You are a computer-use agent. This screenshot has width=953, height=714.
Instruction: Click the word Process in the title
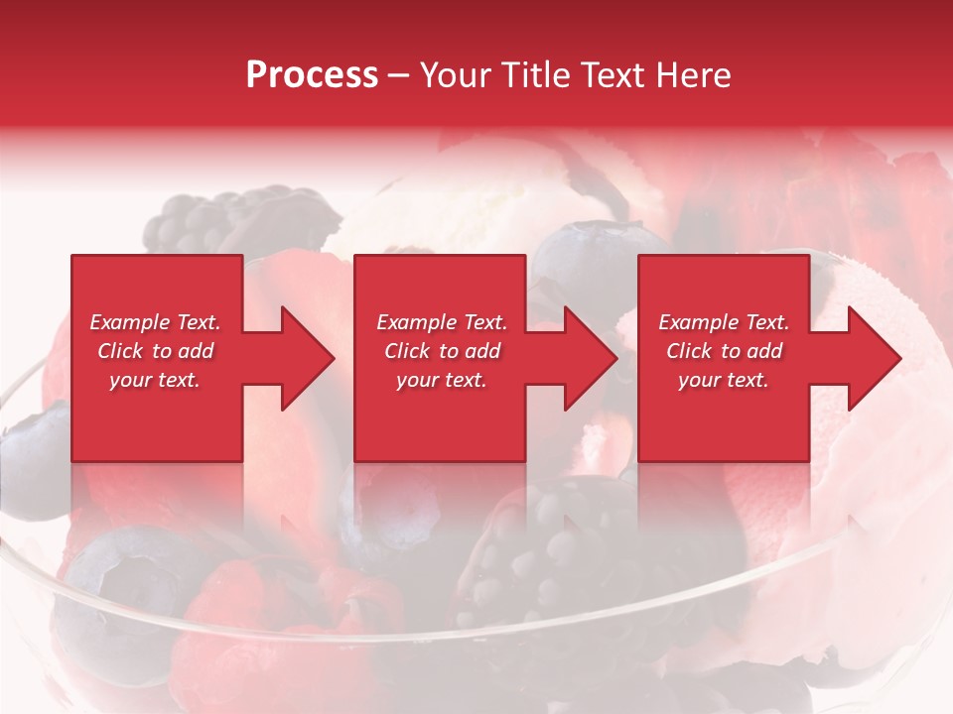[x=312, y=75]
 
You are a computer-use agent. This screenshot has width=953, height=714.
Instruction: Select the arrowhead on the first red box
[x=298, y=358]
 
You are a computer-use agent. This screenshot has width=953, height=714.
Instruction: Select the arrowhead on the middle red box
[x=582, y=358]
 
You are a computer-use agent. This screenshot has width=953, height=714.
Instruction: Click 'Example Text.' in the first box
[x=155, y=322]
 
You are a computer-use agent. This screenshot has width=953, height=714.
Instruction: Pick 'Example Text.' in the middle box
[x=441, y=322]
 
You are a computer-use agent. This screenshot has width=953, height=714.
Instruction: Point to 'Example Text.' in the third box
[x=724, y=322]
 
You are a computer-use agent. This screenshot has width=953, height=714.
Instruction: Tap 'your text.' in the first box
[x=155, y=380]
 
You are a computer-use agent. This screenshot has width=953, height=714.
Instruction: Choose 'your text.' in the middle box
[x=441, y=380]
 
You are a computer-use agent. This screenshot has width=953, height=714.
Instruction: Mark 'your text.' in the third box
[x=724, y=380]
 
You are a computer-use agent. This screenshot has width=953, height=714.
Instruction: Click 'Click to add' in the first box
[x=155, y=351]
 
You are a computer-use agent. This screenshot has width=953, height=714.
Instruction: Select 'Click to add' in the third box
[x=724, y=351]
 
